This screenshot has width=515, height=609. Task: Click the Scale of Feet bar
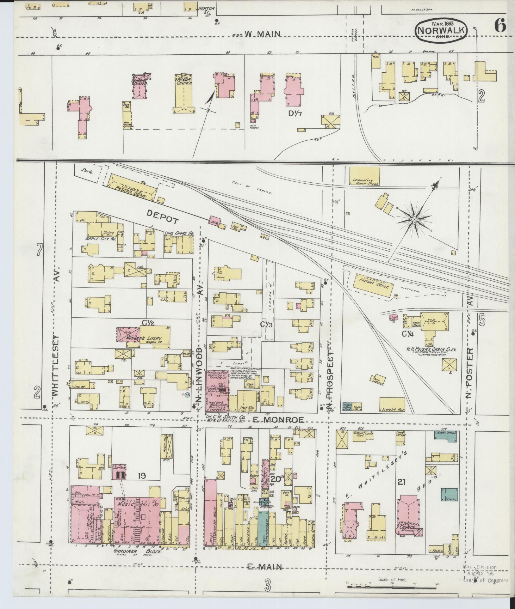pyautogui.click(x=392, y=587)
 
